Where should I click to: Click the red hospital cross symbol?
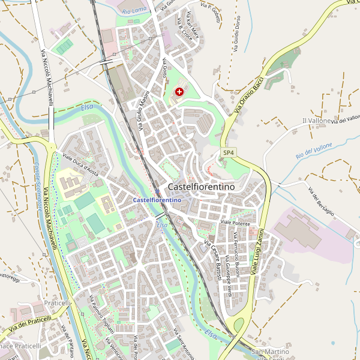click(179, 91)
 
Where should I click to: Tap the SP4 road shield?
click(228, 153)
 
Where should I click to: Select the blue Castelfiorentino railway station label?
click(157, 199)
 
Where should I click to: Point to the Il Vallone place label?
click(316, 121)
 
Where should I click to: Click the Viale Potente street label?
click(234, 223)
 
